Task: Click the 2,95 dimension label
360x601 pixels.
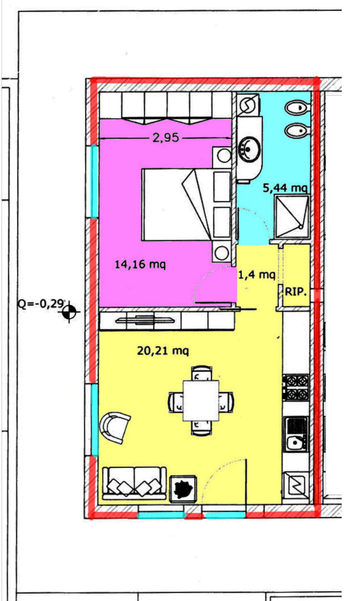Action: tap(166, 138)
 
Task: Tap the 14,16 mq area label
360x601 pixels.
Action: tap(140, 265)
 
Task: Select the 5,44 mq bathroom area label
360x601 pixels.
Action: tap(285, 188)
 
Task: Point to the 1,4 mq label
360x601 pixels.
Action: tap(257, 275)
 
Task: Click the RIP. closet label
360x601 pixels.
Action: tap(296, 292)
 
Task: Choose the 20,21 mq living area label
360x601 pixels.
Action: tap(163, 351)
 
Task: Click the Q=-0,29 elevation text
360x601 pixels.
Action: tap(41, 304)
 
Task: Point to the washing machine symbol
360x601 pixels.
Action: tap(249, 105)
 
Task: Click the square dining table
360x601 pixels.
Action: tap(201, 401)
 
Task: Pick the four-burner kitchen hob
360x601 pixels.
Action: tap(296, 387)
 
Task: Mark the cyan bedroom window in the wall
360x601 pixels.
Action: tap(94, 182)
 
